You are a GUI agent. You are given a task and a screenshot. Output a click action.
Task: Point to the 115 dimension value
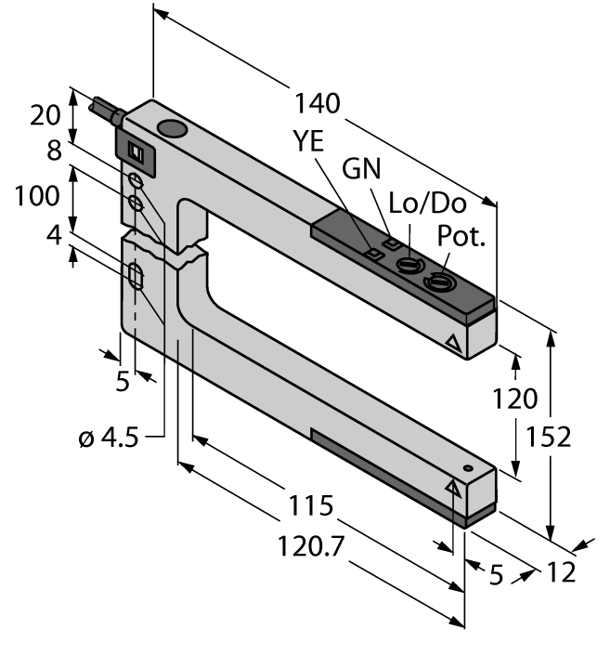[x=309, y=506]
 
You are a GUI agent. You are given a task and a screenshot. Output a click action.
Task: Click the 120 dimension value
[x=515, y=399]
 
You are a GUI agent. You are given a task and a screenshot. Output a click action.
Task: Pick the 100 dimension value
[x=33, y=196]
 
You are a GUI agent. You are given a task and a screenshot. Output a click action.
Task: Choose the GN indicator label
[x=363, y=170]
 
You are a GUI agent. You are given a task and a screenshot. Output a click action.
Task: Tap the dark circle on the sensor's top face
[x=172, y=129]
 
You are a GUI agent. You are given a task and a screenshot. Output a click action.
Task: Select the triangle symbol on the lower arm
[x=454, y=487]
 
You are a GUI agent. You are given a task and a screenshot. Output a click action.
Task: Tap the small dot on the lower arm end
[x=469, y=467]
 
